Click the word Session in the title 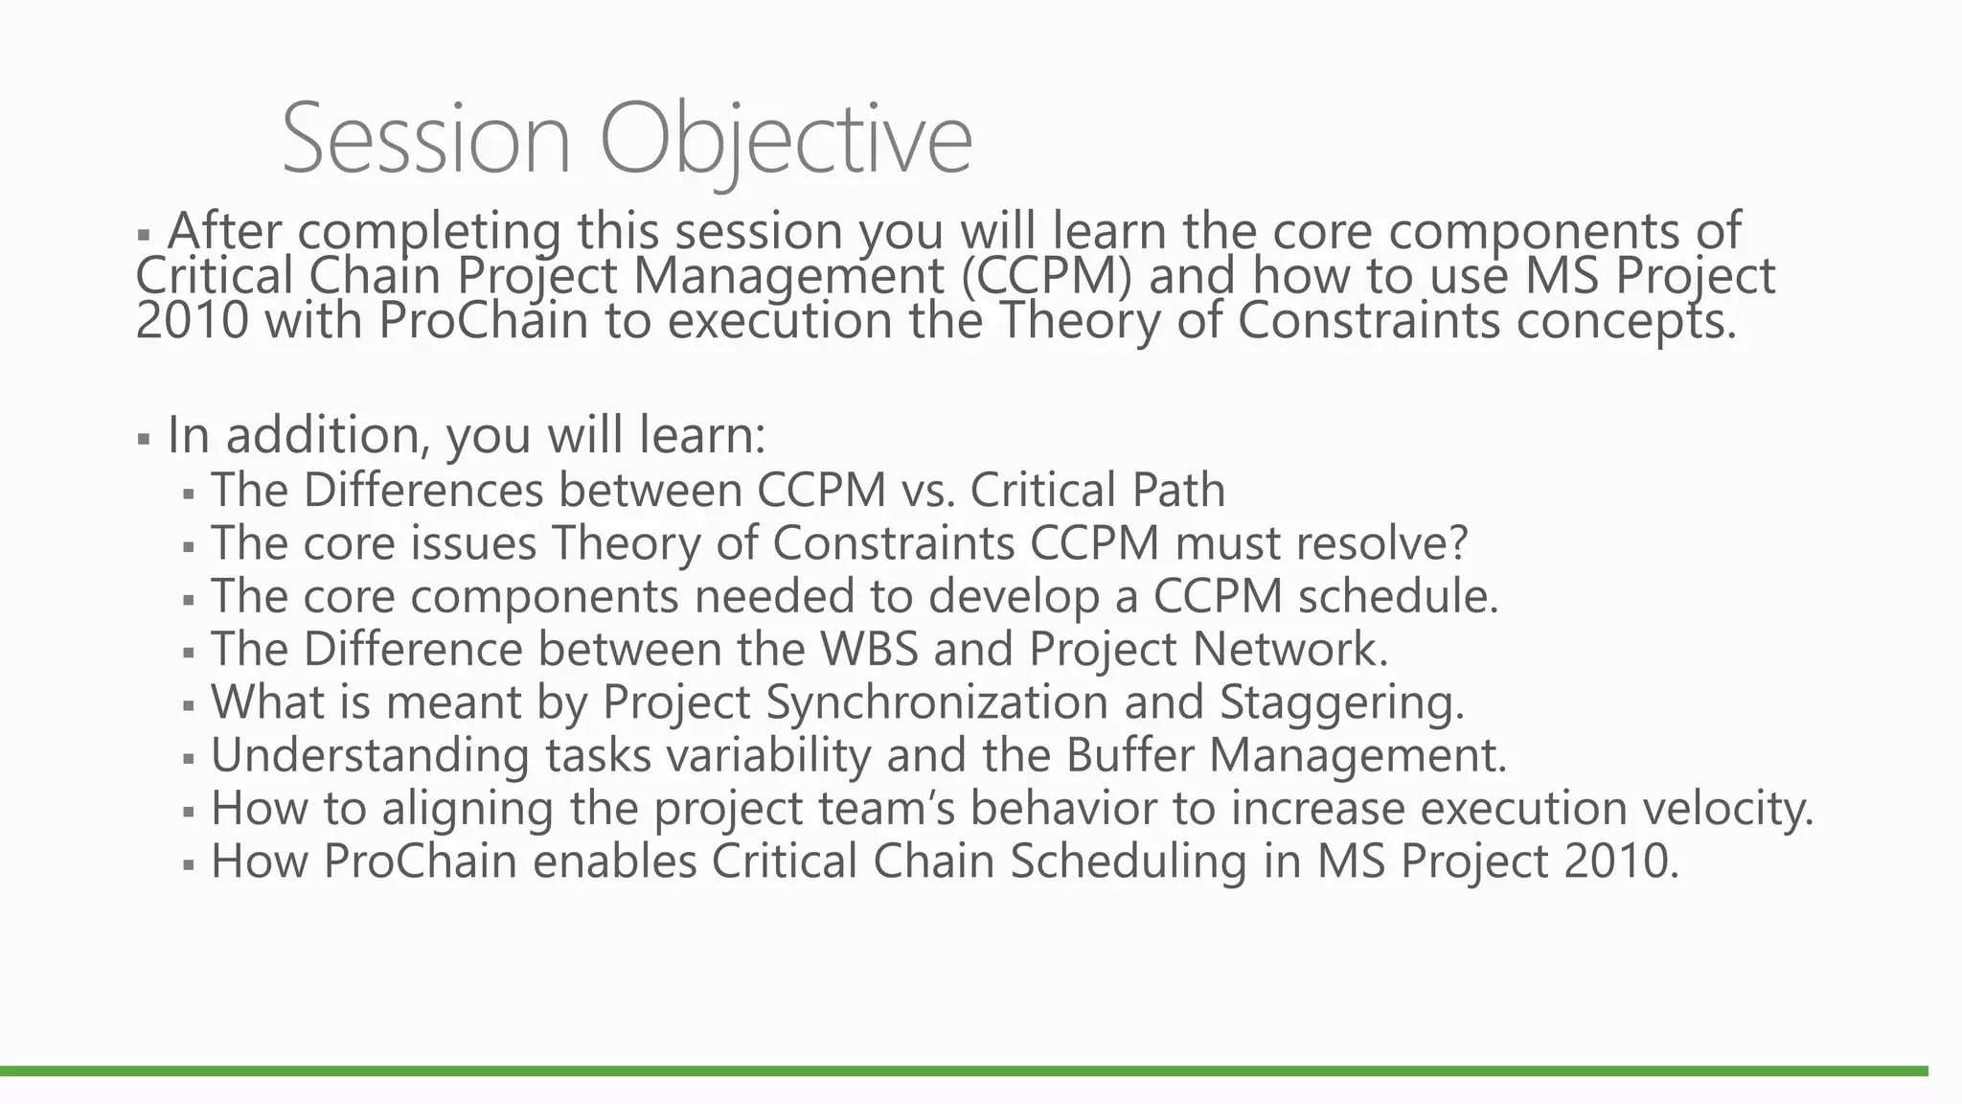[x=426, y=139]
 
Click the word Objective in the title [x=786, y=139]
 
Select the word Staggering [x=1341, y=702]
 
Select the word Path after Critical [x=1178, y=490]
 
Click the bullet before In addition [x=144, y=440]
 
